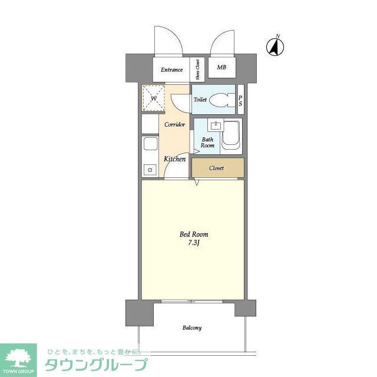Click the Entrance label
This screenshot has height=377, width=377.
(x=172, y=70)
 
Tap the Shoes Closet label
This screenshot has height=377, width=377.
(x=198, y=69)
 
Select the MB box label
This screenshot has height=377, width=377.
(x=221, y=68)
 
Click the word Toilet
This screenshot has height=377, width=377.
(x=200, y=100)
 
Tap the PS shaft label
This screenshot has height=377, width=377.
(x=240, y=100)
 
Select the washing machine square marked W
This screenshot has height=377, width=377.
(x=153, y=98)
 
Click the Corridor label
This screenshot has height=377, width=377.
(x=175, y=125)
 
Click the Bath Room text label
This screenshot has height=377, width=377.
(x=207, y=142)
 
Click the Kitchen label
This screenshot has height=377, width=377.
(x=175, y=159)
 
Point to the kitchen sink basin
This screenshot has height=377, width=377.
(x=149, y=145)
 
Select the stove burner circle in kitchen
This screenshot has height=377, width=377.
(x=150, y=170)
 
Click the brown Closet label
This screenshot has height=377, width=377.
(x=217, y=168)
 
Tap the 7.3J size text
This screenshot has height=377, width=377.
(x=194, y=243)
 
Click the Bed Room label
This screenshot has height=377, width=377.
(x=194, y=234)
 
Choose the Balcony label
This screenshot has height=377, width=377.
(x=192, y=328)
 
